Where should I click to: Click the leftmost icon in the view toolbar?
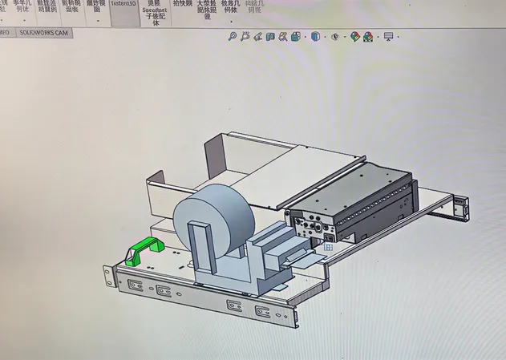[x=233, y=37]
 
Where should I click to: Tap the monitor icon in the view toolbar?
[x=389, y=37]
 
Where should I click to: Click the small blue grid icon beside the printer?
[x=328, y=249]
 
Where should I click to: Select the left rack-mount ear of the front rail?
[x=108, y=273]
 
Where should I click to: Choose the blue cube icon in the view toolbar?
[x=315, y=37]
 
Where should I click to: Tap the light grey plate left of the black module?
[x=313, y=180]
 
